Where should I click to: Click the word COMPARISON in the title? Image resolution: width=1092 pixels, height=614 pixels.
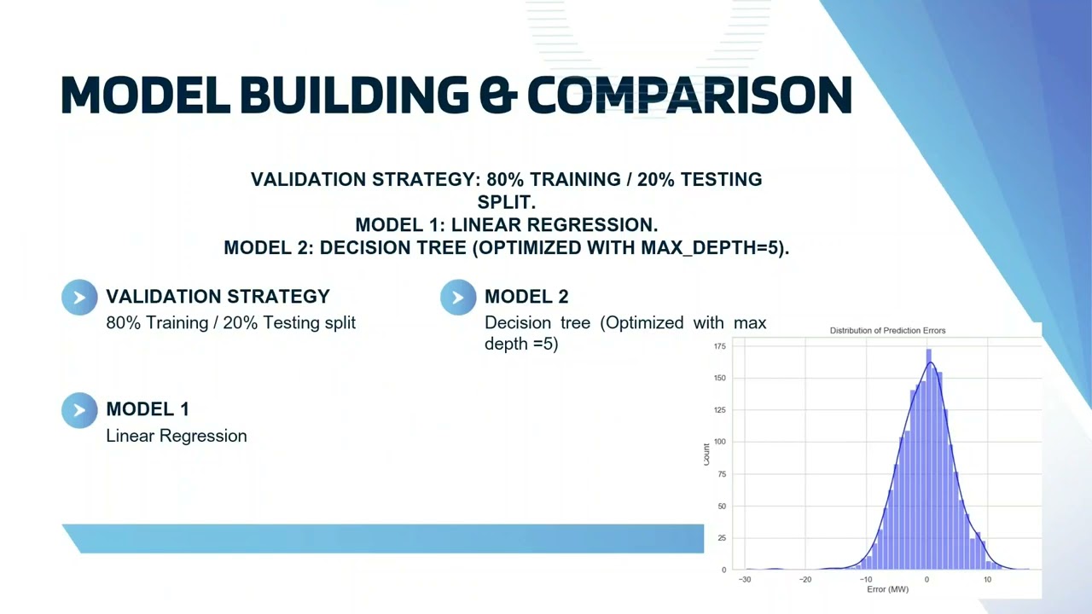click(689, 95)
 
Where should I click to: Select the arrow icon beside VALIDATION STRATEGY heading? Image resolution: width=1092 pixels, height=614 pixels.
click(79, 298)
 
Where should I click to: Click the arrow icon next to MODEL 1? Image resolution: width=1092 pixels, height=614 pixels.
click(79, 410)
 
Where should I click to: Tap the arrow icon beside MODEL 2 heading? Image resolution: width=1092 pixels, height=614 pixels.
click(458, 298)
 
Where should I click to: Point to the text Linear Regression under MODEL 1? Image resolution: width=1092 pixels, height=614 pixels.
click(177, 436)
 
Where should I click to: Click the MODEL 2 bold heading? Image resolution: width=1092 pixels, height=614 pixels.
click(526, 297)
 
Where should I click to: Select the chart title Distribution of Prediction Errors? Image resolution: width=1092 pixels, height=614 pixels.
click(887, 331)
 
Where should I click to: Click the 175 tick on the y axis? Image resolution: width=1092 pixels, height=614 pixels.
click(719, 346)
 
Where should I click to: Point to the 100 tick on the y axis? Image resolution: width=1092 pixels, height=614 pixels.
click(719, 442)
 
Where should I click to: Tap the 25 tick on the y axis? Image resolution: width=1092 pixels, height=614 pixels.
click(721, 538)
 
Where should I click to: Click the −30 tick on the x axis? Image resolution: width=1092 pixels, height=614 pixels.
click(745, 580)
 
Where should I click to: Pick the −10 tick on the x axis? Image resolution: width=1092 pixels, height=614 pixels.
click(865, 580)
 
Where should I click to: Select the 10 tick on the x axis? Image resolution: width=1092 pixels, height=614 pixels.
click(987, 580)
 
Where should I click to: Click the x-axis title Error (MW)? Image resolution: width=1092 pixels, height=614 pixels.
click(887, 590)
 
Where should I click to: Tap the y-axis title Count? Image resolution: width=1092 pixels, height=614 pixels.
click(706, 453)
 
